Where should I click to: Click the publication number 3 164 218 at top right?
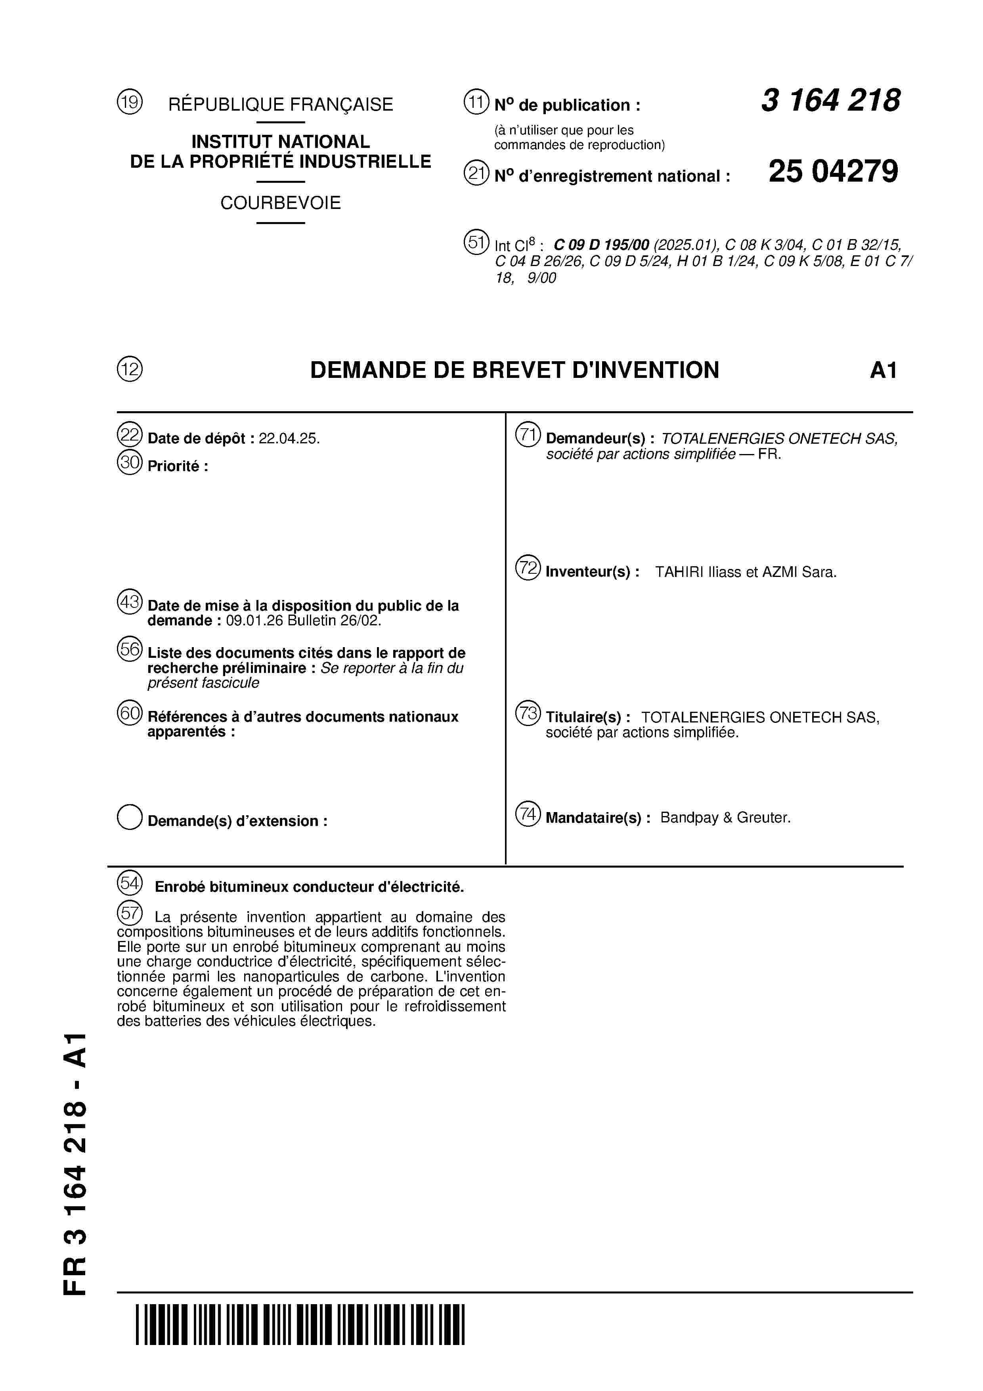(830, 101)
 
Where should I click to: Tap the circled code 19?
(130, 102)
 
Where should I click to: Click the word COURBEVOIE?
(280, 203)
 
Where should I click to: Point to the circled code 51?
(476, 242)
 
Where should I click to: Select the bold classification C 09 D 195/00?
(601, 245)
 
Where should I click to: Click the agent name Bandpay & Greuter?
(725, 818)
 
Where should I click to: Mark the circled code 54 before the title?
(130, 883)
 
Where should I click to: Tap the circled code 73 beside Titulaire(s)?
(528, 713)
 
